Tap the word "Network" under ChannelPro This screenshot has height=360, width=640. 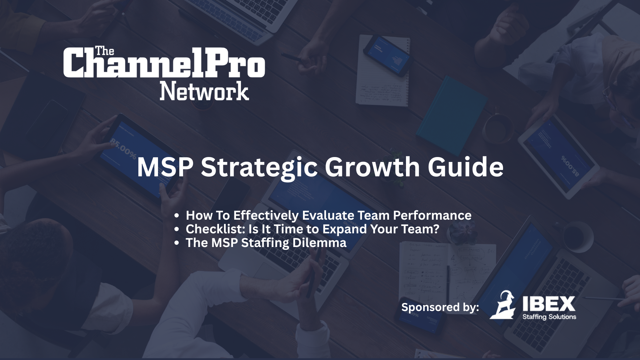(204, 90)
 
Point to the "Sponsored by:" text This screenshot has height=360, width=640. (440, 307)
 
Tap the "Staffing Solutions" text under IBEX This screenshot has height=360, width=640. (549, 317)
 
